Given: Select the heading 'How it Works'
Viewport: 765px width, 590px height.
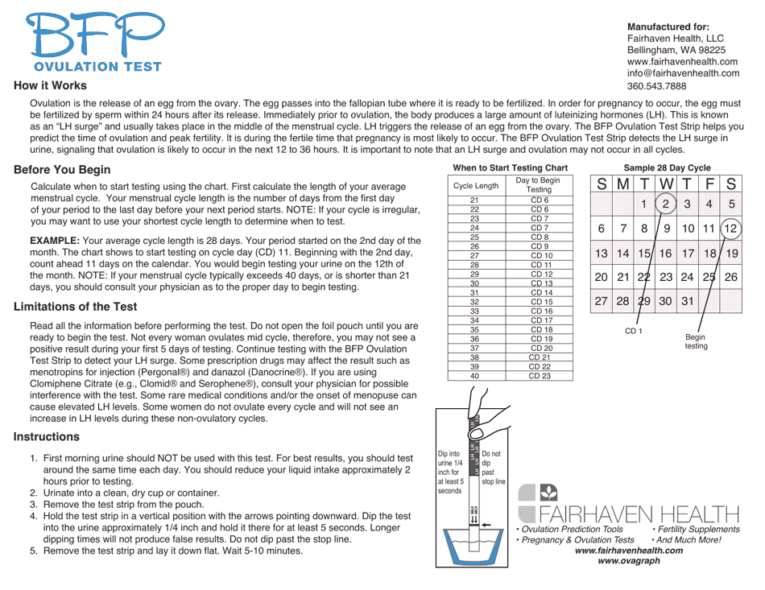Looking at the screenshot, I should tap(50, 85).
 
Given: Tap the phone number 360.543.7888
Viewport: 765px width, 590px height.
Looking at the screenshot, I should tap(656, 86).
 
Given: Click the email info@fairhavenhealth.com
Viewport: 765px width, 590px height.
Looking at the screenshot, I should tap(683, 73).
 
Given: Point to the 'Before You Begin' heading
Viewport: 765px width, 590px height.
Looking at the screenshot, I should tap(62, 170).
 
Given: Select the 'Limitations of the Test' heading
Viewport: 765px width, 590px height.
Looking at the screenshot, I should tap(75, 307).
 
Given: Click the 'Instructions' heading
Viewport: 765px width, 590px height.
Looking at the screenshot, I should tap(47, 437).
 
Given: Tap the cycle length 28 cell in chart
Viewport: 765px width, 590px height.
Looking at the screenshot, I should tap(474, 265).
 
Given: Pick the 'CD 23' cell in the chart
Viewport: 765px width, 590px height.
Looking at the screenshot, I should tap(540, 376).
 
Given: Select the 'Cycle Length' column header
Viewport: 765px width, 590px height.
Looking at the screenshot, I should tap(475, 185).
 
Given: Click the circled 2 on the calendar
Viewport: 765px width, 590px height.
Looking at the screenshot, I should tap(666, 204).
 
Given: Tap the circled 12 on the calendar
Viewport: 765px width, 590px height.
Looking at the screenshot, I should tap(730, 229).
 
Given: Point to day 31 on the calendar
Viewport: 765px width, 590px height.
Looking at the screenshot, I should tap(687, 301).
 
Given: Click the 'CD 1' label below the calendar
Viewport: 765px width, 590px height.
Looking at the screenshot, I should tap(633, 331).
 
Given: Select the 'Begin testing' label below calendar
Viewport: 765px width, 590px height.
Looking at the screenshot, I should tap(696, 341).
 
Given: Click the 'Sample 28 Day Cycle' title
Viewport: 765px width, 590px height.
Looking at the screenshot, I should tap(667, 167).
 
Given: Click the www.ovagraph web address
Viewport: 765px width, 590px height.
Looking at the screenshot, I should tap(628, 561).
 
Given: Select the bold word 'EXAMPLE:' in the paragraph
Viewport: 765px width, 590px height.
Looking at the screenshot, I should tap(54, 240).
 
